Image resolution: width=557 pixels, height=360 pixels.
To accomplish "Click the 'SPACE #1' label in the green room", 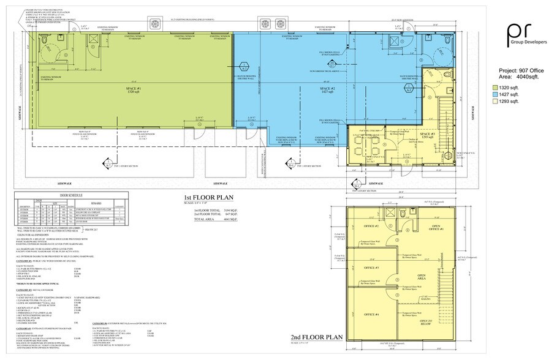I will click(x=135, y=89).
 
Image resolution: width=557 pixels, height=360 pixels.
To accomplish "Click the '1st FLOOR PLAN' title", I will click(x=209, y=197).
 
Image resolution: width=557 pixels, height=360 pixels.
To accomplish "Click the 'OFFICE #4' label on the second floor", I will click(x=371, y=314).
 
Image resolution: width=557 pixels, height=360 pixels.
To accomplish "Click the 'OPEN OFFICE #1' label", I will click(x=438, y=228).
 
